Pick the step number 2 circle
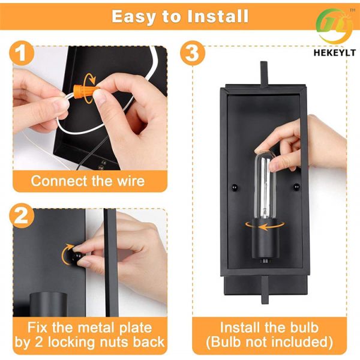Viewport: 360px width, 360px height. [22, 215]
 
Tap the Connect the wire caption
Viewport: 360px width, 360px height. [88, 180]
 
